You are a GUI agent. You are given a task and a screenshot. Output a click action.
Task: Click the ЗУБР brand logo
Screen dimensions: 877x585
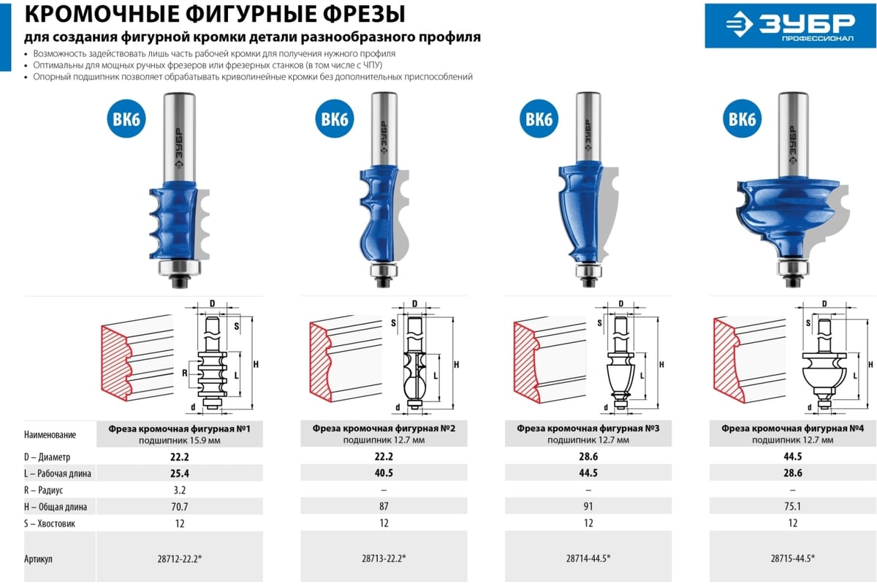click(x=790, y=26)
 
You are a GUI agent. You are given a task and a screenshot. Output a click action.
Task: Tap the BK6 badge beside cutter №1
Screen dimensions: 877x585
click(x=126, y=118)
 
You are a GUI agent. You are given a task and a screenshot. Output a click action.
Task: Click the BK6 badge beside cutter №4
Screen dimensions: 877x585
click(x=743, y=118)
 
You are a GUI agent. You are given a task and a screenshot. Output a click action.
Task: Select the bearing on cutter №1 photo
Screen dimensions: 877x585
click(x=180, y=268)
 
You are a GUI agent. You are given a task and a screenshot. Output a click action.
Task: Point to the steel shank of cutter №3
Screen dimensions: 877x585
click(x=588, y=127)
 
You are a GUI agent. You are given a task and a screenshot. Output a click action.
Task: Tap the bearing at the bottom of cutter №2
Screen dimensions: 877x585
click(x=384, y=270)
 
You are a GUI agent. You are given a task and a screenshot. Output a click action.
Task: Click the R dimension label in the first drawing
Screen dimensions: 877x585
click(x=184, y=373)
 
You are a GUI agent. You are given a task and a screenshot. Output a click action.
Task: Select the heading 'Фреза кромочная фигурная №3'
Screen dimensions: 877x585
click(x=588, y=429)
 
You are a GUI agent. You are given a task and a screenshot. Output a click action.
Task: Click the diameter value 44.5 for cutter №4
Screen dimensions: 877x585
click(x=792, y=456)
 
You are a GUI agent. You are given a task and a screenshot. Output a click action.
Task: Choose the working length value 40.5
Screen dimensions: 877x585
click(x=384, y=473)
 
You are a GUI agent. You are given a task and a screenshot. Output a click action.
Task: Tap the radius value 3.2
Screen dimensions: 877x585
click(x=180, y=490)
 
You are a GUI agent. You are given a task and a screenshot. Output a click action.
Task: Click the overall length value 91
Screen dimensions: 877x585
click(x=588, y=506)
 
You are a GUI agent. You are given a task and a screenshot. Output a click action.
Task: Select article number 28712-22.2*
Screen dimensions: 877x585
click(x=180, y=559)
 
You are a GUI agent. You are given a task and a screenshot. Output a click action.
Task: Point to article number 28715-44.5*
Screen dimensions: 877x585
click(x=792, y=558)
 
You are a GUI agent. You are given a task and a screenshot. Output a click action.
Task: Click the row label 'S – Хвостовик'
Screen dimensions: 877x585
click(x=50, y=524)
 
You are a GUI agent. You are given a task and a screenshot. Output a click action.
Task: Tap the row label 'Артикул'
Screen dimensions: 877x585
click(x=38, y=559)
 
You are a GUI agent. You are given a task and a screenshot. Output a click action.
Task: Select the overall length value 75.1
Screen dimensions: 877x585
click(x=792, y=506)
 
